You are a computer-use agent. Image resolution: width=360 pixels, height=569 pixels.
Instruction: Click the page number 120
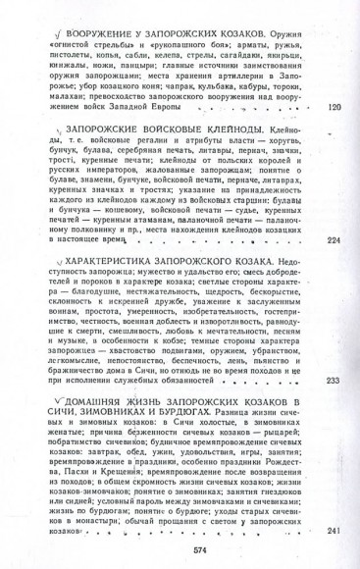point(333,107)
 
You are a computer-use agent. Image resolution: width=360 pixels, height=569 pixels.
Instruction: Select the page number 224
point(333,240)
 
